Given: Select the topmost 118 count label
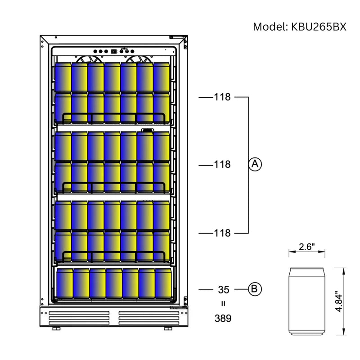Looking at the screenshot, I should pos(222,97).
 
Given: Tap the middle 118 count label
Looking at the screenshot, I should pos(222,165).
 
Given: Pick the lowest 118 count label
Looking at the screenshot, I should pos(222,233).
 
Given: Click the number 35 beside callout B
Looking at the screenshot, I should pos(223,289).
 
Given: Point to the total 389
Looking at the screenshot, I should pos(223,319).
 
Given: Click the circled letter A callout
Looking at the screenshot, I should pos(255,165).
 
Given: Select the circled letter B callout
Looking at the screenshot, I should pos(255,289).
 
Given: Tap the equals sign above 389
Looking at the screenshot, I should pos(223,303).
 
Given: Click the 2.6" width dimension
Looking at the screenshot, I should pos(307,247).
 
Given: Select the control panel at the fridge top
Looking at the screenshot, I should pos(112,51).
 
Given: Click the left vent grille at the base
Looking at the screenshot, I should pos(79,317).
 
